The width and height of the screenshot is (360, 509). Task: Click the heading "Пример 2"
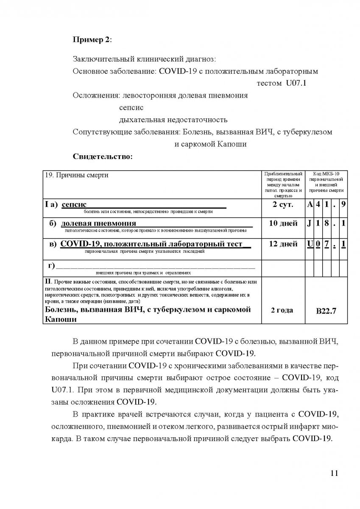click(x=92, y=39)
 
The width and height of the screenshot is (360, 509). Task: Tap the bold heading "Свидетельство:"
click(x=103, y=157)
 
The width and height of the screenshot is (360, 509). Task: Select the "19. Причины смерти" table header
click(x=76, y=176)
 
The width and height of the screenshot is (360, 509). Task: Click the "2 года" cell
click(x=282, y=310)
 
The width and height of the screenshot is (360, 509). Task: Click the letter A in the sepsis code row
click(x=310, y=204)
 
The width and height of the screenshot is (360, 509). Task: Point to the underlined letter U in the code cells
click(x=310, y=243)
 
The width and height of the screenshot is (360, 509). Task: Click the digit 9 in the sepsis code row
click(x=343, y=204)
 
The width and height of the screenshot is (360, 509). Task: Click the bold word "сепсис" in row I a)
click(x=77, y=205)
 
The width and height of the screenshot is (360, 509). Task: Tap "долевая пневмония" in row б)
click(x=98, y=224)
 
